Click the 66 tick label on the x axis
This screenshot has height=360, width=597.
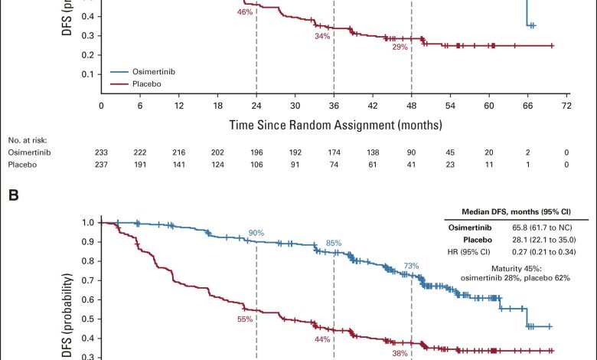(x=527, y=106)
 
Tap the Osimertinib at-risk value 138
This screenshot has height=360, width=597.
(x=372, y=153)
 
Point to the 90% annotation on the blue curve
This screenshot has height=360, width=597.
(x=256, y=233)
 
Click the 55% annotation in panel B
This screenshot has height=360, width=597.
(x=245, y=319)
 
